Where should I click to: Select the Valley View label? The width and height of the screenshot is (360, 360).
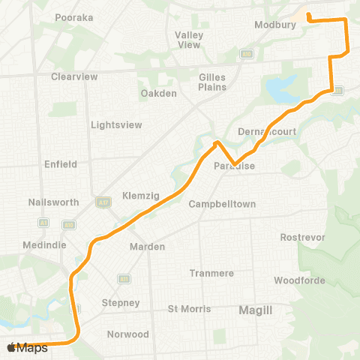[x=188, y=40]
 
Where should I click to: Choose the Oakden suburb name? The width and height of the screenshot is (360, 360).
[x=158, y=94]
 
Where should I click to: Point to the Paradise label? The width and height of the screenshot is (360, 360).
[x=235, y=166]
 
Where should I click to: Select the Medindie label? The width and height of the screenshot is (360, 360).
[x=44, y=244]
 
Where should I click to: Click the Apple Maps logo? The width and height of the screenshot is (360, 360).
[x=28, y=347]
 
